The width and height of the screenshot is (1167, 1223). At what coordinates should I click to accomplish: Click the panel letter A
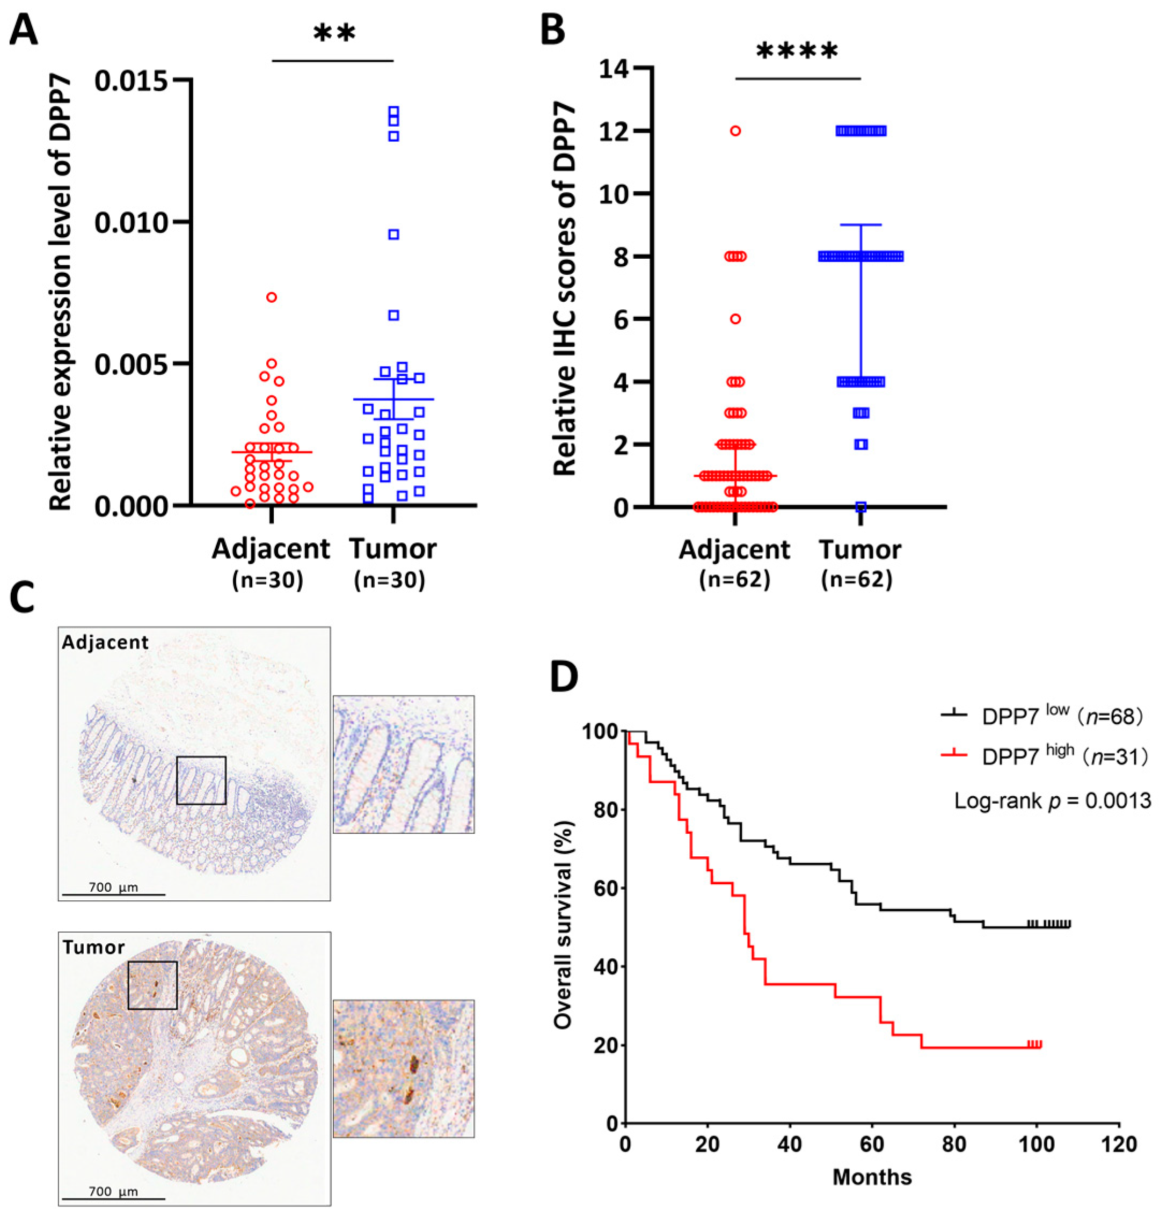click(x=23, y=30)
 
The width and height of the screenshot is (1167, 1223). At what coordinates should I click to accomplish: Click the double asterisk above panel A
click(x=334, y=34)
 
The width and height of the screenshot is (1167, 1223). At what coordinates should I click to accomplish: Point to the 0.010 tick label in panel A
click(x=132, y=223)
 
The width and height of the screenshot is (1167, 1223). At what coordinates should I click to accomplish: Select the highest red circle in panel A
click(x=272, y=297)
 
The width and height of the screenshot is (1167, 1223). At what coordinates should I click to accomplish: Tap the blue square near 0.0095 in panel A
click(x=393, y=235)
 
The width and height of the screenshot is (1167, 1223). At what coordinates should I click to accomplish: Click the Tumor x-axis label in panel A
click(x=392, y=549)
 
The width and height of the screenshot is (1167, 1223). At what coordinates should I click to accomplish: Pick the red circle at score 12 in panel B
click(x=735, y=130)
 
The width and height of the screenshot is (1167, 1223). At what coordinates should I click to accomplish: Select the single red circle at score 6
click(x=735, y=319)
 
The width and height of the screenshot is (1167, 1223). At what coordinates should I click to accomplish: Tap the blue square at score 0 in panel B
click(x=861, y=507)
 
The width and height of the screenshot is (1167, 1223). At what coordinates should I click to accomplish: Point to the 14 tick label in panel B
click(x=614, y=68)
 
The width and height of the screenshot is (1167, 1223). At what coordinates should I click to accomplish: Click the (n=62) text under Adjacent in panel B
click(x=735, y=580)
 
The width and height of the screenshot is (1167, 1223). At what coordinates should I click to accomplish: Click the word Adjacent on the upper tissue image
click(x=105, y=642)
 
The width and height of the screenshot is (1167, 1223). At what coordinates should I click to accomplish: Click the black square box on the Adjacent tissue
click(x=201, y=780)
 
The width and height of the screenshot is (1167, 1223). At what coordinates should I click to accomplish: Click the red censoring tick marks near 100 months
click(x=1034, y=1044)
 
